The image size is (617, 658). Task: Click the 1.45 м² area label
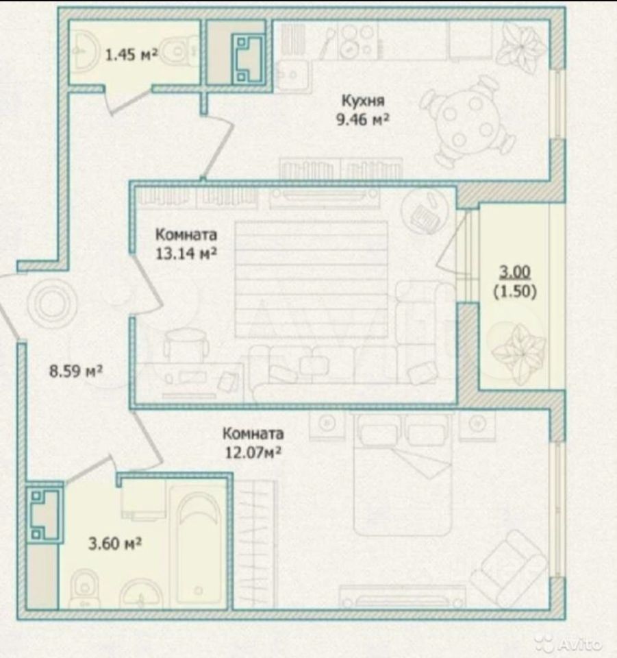[x=131, y=55]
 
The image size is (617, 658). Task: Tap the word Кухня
[x=363, y=101]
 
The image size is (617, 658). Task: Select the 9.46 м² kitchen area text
[x=362, y=119]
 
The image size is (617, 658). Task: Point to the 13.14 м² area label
[x=186, y=254]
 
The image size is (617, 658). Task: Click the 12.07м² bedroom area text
[x=253, y=452]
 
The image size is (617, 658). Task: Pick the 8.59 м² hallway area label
[x=76, y=371]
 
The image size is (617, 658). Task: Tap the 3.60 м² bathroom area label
[x=115, y=544]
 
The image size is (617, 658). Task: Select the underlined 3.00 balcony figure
[x=515, y=272]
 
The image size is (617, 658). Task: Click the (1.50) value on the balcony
[x=515, y=291]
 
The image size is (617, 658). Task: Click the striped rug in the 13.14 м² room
[x=311, y=280]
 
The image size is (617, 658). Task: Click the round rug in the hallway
[x=51, y=303]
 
